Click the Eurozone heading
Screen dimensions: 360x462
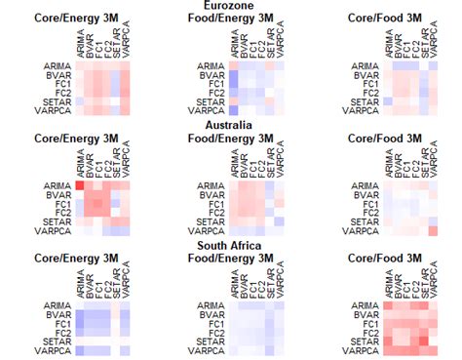(x=231, y=6)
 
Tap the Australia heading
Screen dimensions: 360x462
(x=231, y=125)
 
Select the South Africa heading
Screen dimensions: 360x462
(x=231, y=245)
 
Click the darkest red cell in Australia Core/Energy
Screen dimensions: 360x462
(x=81, y=184)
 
